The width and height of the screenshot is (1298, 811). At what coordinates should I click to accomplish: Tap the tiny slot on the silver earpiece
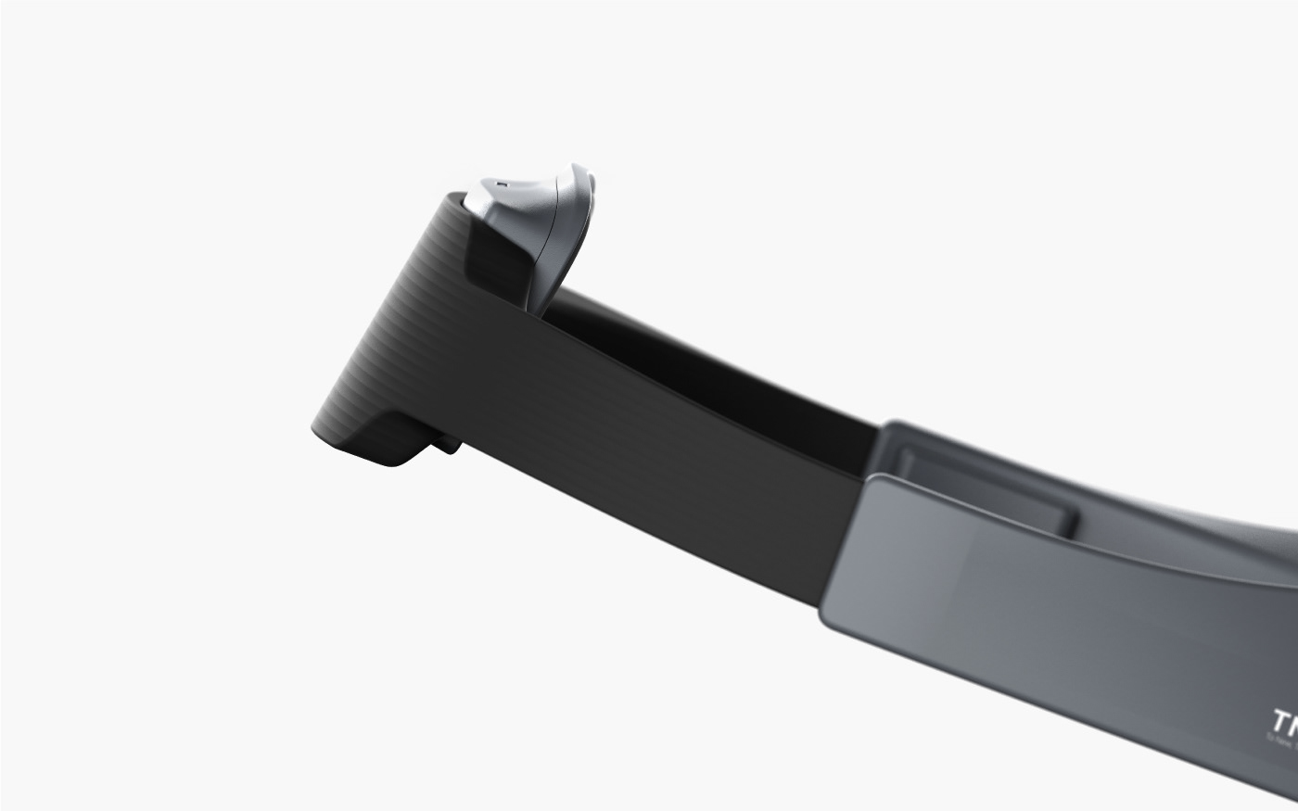[502, 184]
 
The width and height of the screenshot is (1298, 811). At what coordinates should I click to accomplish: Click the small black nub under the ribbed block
[447, 446]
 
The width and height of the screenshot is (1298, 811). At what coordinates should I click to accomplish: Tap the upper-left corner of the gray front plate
[872, 477]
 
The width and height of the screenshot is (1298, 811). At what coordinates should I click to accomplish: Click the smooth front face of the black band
[649, 463]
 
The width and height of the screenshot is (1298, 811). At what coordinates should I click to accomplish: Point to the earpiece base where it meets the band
[538, 301]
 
